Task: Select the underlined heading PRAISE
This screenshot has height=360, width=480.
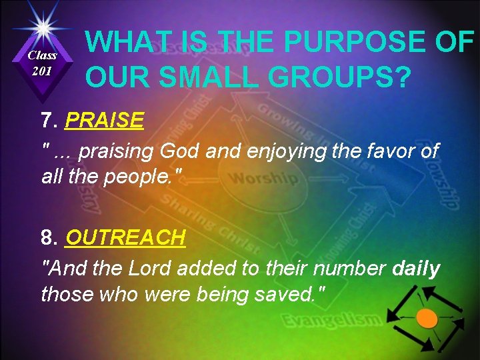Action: [105, 121]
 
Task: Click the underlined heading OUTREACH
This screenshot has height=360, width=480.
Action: [125, 237]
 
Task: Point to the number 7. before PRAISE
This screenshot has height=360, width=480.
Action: [50, 121]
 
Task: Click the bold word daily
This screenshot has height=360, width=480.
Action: [417, 269]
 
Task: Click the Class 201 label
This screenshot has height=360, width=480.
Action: [42, 63]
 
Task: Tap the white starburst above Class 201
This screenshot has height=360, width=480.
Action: [42, 28]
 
